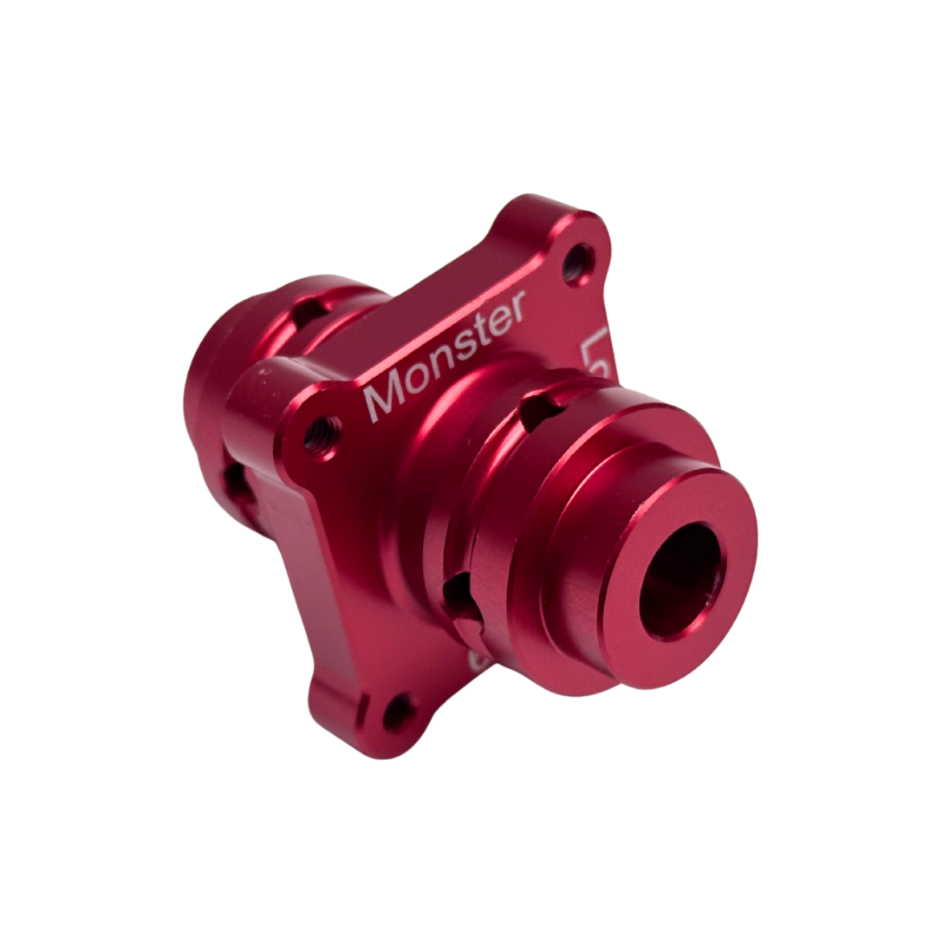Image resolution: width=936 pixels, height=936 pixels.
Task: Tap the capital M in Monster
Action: pyautogui.click(x=381, y=398)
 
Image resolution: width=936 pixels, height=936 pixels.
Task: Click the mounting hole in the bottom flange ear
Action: pyautogui.click(x=399, y=711)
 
